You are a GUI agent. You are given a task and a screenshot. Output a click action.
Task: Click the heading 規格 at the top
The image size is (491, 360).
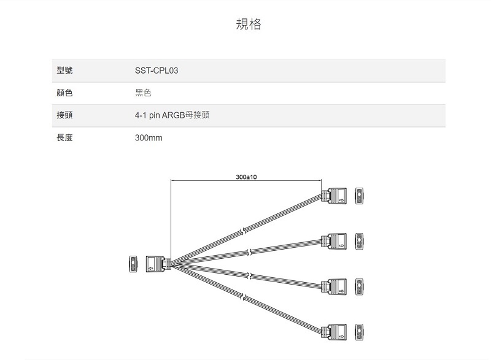[x=249, y=25]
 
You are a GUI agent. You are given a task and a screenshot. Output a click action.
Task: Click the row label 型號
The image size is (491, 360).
[x=64, y=71]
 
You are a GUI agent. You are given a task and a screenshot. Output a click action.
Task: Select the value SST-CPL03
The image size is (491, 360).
[x=157, y=71]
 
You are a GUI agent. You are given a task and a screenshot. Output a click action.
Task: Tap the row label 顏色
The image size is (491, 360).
[x=64, y=93]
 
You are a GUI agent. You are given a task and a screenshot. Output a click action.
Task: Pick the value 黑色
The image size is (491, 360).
[x=143, y=93]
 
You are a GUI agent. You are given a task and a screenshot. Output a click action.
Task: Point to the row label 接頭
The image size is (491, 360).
[x=64, y=115]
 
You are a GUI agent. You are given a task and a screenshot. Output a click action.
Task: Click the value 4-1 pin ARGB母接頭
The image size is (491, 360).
[x=172, y=115]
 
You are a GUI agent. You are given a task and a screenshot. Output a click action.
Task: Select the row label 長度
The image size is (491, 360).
[x=64, y=138]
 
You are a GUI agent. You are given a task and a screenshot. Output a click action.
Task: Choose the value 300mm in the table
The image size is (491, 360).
[x=149, y=138]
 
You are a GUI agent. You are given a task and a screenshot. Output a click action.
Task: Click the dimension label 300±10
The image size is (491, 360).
[x=246, y=177]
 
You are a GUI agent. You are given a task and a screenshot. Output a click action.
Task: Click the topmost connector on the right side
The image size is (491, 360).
[x=336, y=196]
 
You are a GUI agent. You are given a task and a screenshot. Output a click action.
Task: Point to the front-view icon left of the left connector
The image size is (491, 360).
[x=133, y=264]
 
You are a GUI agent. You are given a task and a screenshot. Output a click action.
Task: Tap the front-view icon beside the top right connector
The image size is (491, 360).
[x=360, y=196]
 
